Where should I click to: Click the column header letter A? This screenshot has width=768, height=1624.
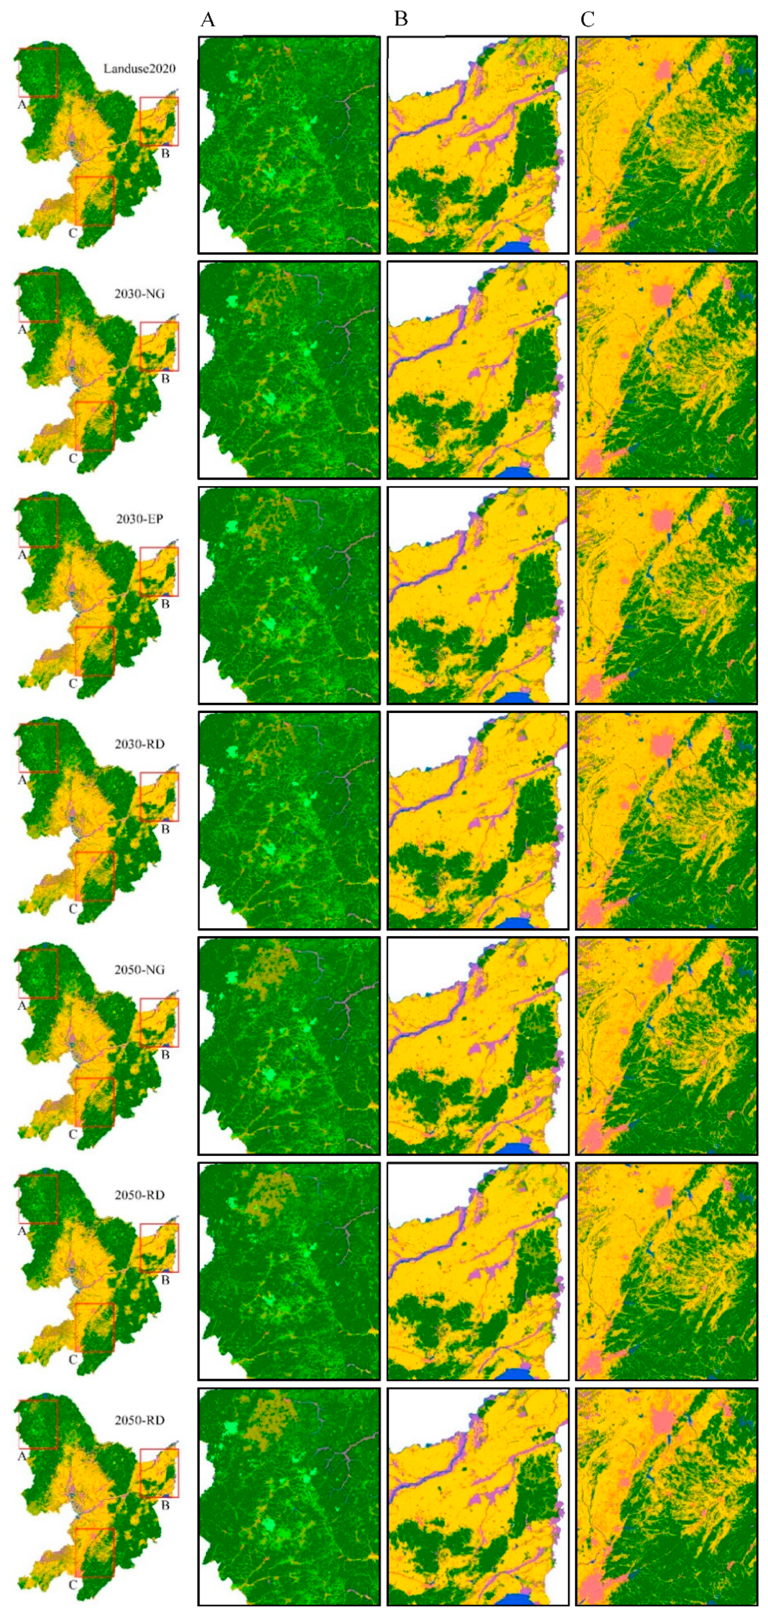207,20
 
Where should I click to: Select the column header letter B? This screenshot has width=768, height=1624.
401,20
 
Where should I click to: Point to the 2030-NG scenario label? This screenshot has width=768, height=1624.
140,294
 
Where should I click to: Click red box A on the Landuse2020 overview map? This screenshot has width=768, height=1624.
38,72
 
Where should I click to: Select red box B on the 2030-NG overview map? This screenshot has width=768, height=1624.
159,346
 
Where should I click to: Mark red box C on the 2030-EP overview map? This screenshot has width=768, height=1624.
95,651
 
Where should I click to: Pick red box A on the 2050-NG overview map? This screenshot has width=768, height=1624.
38,974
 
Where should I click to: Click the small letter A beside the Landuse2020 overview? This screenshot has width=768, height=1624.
22,105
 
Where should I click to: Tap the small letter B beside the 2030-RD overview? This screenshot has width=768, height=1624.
165,829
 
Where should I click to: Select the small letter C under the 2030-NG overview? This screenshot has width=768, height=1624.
72,459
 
